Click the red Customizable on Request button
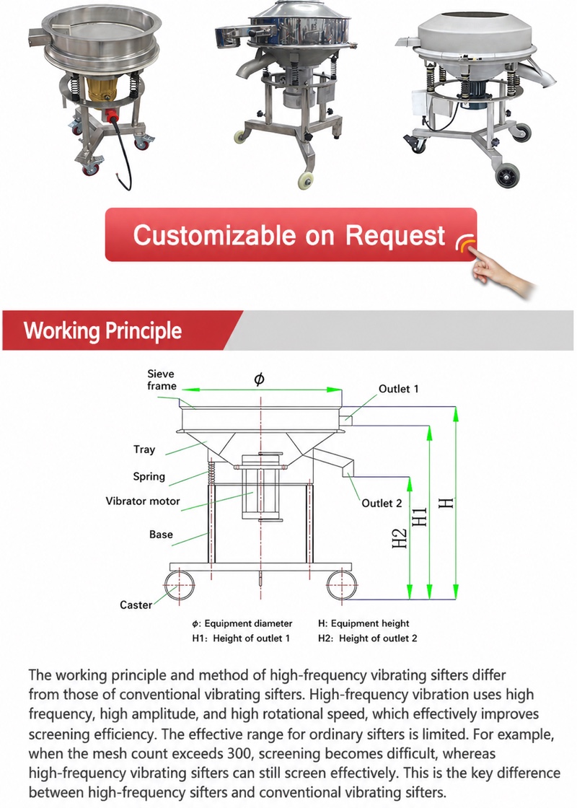pos(291,234)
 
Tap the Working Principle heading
pos(102,330)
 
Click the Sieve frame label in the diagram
pos(162,379)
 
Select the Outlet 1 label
pos(399,389)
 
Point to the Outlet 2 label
pos(382,504)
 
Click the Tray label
pos(144,449)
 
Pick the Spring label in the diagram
pos(149,477)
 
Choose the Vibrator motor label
pos(143,501)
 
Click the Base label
pos(161,535)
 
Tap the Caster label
pos(136,605)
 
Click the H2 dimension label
pos(400,538)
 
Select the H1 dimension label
pos(420,517)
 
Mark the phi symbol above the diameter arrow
pos(260,379)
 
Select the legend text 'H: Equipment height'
pos(364,623)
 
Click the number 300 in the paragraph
pos(241,753)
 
